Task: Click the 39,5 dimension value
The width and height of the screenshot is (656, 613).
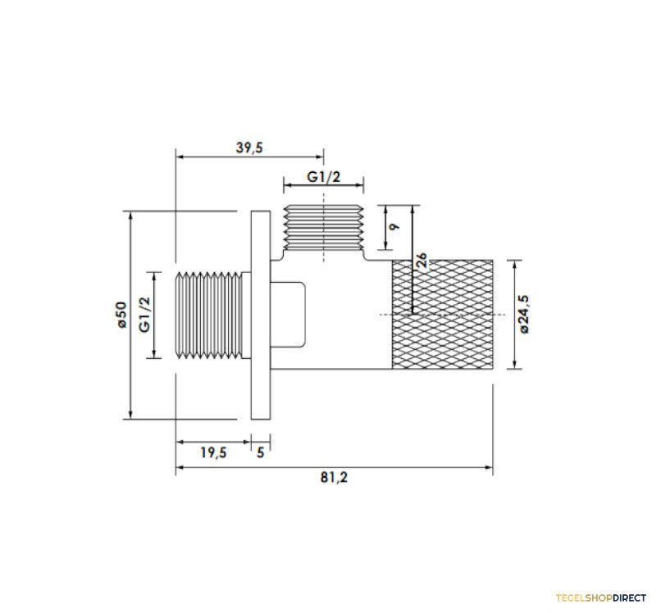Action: (249, 148)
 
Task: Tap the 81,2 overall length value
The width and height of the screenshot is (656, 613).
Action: (334, 477)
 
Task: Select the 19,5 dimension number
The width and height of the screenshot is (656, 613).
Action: (213, 452)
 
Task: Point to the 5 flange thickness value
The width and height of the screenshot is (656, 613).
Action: (261, 452)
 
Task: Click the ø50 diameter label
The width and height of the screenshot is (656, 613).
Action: (121, 315)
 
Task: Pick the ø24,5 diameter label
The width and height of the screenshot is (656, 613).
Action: (523, 314)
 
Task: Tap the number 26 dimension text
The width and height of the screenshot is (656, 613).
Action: (422, 260)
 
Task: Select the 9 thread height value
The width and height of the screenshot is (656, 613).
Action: (394, 227)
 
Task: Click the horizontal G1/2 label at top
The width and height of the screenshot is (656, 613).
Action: (323, 177)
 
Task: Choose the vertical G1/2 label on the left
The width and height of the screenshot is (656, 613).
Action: (144, 315)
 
